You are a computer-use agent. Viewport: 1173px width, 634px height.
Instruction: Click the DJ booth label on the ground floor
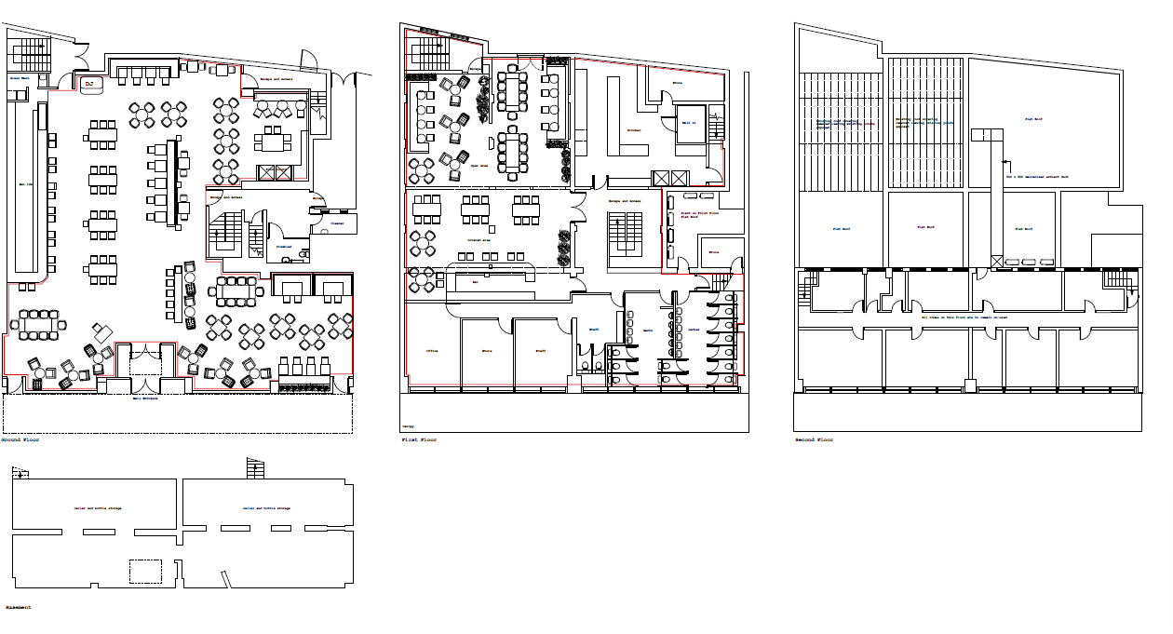89,84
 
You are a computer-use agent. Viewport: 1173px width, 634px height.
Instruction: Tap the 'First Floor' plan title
418,439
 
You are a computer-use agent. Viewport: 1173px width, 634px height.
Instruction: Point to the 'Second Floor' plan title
814,439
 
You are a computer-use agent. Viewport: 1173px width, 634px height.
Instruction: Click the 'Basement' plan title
18,607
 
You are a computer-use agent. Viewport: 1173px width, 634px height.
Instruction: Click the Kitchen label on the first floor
634,130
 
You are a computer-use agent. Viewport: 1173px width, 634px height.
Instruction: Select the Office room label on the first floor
432,351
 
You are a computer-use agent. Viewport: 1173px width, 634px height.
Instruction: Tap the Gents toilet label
649,330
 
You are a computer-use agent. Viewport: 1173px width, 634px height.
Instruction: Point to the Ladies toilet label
694,330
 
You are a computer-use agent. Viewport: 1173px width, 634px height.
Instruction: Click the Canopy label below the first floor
409,426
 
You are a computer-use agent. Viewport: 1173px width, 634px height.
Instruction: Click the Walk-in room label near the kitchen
689,122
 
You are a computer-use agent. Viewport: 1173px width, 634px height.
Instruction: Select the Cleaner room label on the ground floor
335,223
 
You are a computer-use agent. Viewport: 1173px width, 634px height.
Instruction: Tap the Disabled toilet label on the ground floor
284,247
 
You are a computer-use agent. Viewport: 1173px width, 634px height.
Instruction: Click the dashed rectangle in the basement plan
144,571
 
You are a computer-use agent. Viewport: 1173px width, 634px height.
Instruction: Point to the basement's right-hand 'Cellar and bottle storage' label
266,508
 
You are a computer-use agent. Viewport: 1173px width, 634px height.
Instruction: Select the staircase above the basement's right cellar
255,468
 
